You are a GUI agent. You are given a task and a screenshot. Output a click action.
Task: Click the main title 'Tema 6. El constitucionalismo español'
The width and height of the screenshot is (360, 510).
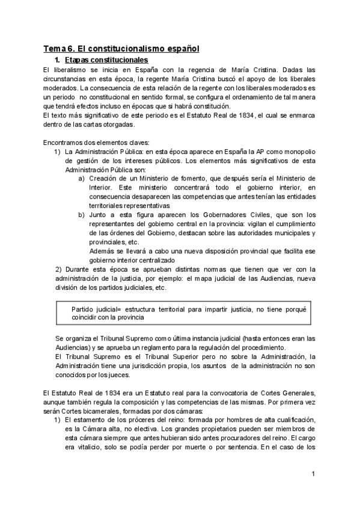point(121,48)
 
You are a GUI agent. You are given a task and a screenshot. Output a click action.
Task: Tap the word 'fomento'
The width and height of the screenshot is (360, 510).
point(190,179)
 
